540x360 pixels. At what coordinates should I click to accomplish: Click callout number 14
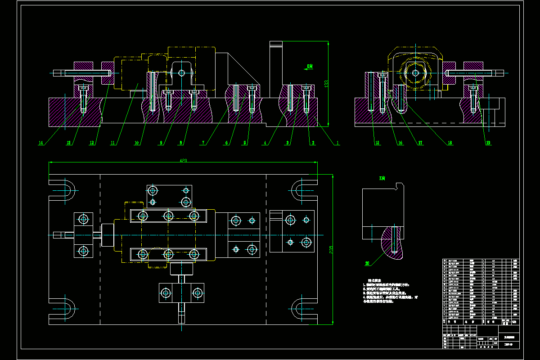[40, 143]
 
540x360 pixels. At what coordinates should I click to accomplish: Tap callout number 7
[203, 143]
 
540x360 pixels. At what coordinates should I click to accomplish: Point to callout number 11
[113, 143]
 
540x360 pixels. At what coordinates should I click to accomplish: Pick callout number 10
[137, 143]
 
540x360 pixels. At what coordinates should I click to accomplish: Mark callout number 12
[92, 143]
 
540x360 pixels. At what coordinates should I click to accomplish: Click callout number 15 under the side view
[377, 143]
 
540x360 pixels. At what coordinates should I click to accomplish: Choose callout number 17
[420, 143]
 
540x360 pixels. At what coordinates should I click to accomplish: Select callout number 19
[488, 143]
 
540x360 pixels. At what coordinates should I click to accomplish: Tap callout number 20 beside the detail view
[367, 263]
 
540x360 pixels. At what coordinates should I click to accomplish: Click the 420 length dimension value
[183, 160]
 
